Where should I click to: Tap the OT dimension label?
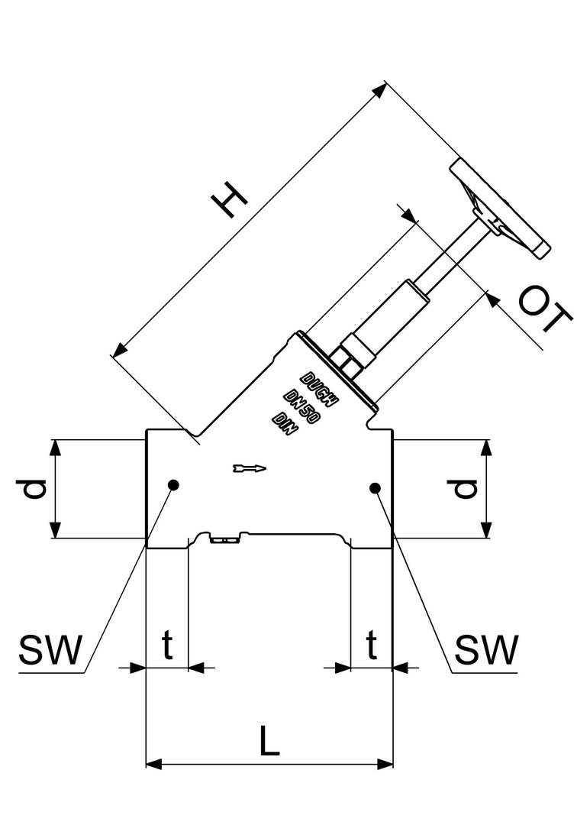point(543,311)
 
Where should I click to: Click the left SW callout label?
point(50,650)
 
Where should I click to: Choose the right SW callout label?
point(486,650)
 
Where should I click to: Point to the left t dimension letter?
point(167,646)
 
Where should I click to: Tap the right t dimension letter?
point(372,646)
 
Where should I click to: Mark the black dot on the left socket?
point(174,484)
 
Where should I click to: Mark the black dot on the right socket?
point(375,487)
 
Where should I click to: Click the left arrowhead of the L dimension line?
point(153,763)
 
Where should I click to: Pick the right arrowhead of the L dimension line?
point(386,763)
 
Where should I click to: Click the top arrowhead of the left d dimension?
point(54,446)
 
